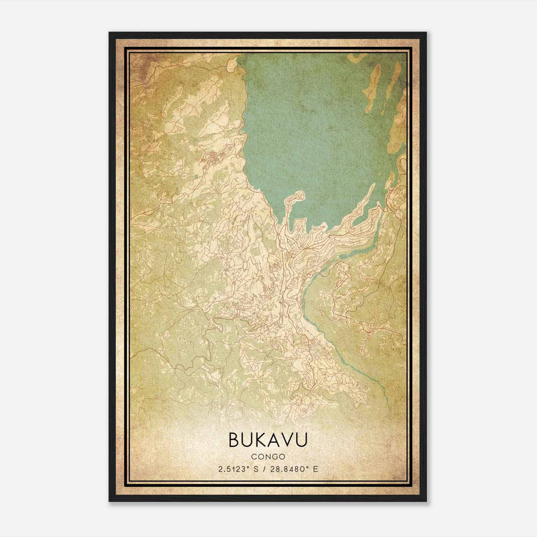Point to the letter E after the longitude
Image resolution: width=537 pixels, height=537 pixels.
[x=315, y=469]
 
